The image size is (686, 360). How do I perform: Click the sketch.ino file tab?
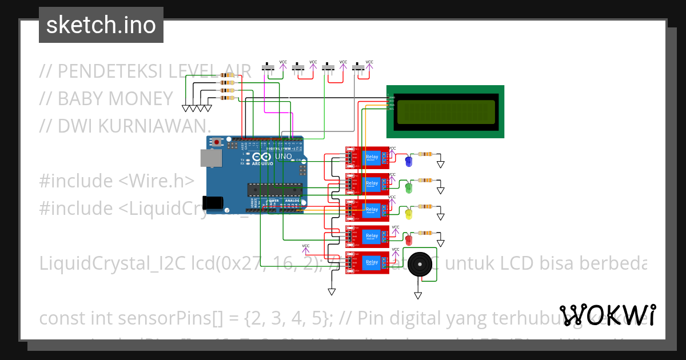coord(101,25)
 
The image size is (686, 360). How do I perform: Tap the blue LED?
coord(408,162)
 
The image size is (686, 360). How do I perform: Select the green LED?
coord(408,187)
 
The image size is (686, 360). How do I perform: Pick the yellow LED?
coord(408,214)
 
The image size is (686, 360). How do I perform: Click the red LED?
coord(408,239)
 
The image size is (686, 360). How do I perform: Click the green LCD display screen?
coord(445,112)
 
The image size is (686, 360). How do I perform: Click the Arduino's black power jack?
coord(214,202)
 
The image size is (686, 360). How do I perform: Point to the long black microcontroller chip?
coord(274,188)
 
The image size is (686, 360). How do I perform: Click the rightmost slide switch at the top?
coord(358,68)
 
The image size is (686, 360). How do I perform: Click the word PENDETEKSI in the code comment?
coord(109,72)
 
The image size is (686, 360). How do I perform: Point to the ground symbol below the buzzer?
coord(418,295)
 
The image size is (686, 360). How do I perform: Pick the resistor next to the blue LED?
coord(426,154)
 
